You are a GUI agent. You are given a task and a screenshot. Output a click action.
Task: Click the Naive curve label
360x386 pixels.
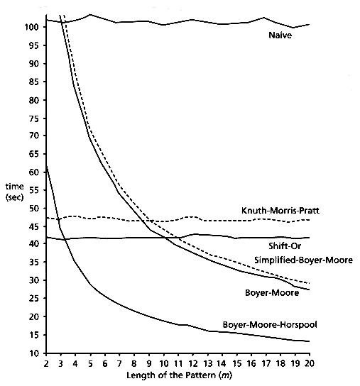point(280,35)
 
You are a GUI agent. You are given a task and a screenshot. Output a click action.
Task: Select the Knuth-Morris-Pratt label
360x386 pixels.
point(280,211)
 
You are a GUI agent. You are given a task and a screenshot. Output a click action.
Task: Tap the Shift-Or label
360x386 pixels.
point(285,246)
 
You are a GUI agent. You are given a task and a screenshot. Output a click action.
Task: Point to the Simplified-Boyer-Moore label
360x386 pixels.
point(304,260)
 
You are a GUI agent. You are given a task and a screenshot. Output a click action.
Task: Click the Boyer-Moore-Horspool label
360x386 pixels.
point(270,325)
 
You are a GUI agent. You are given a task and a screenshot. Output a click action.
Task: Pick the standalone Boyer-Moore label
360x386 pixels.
point(272,293)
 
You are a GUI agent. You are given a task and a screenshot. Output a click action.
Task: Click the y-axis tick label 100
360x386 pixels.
point(32,27)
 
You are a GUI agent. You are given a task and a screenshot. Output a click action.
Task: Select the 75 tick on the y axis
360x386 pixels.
point(34,118)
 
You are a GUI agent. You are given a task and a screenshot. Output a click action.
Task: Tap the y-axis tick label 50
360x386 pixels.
point(34,209)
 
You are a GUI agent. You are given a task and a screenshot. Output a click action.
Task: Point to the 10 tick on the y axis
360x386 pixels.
point(34,353)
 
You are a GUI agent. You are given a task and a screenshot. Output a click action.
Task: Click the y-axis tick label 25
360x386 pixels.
point(34,298)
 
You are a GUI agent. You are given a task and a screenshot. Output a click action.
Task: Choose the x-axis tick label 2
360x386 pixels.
point(46,363)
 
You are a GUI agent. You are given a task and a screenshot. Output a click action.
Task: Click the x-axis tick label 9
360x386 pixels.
point(149,363)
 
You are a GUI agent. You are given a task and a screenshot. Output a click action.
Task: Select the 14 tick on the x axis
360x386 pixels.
point(222,363)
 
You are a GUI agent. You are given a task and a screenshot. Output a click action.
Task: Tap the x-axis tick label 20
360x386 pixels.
point(310,363)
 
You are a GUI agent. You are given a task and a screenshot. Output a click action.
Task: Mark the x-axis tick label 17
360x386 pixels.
point(266,363)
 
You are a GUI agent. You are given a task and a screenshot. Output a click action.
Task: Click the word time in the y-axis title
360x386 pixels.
point(14,187)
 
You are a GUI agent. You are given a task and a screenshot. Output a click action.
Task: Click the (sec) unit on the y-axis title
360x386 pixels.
point(14,197)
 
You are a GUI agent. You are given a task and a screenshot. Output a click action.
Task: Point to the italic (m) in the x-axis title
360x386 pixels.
point(225,375)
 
